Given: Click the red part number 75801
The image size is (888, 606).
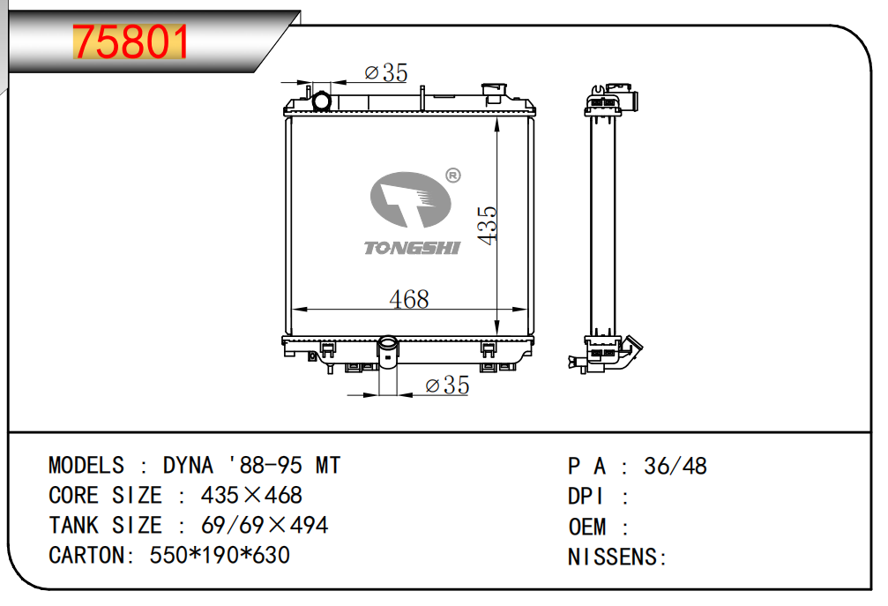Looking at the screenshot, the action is click(x=131, y=42).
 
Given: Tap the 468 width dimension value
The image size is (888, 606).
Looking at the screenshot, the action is click(x=409, y=299).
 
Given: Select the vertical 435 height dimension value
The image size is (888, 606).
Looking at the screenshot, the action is click(x=487, y=226).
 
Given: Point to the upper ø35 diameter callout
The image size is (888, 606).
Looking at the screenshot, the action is click(x=385, y=72).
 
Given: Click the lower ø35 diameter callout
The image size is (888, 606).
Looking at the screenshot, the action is click(x=447, y=385).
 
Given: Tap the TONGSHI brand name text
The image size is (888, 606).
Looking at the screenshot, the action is click(x=412, y=248).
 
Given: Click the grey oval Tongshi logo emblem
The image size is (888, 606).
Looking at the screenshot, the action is click(x=411, y=199).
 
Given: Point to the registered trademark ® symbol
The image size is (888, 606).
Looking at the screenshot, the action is click(x=453, y=176).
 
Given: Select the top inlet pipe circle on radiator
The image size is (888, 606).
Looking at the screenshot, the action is click(x=322, y=101).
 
